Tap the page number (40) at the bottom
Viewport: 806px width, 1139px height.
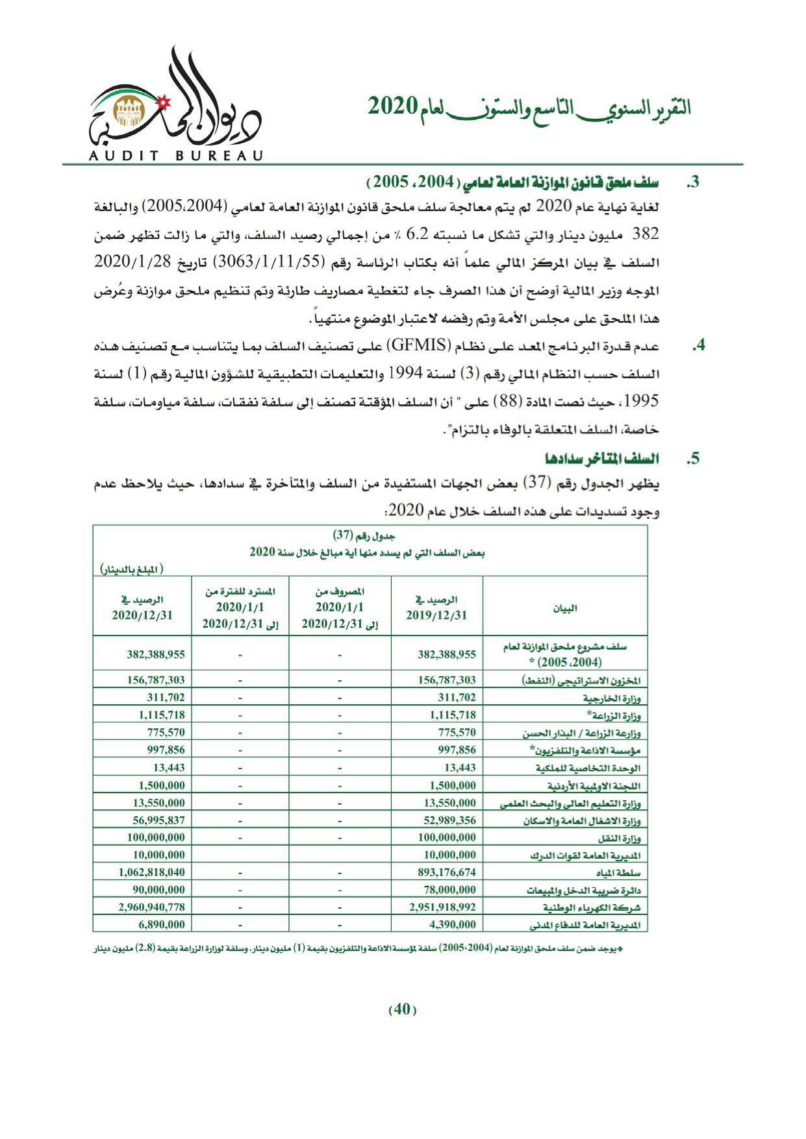[x=402, y=1009]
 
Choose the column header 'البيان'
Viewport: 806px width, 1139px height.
[x=564, y=608]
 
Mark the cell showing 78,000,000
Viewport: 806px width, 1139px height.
[x=447, y=890]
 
